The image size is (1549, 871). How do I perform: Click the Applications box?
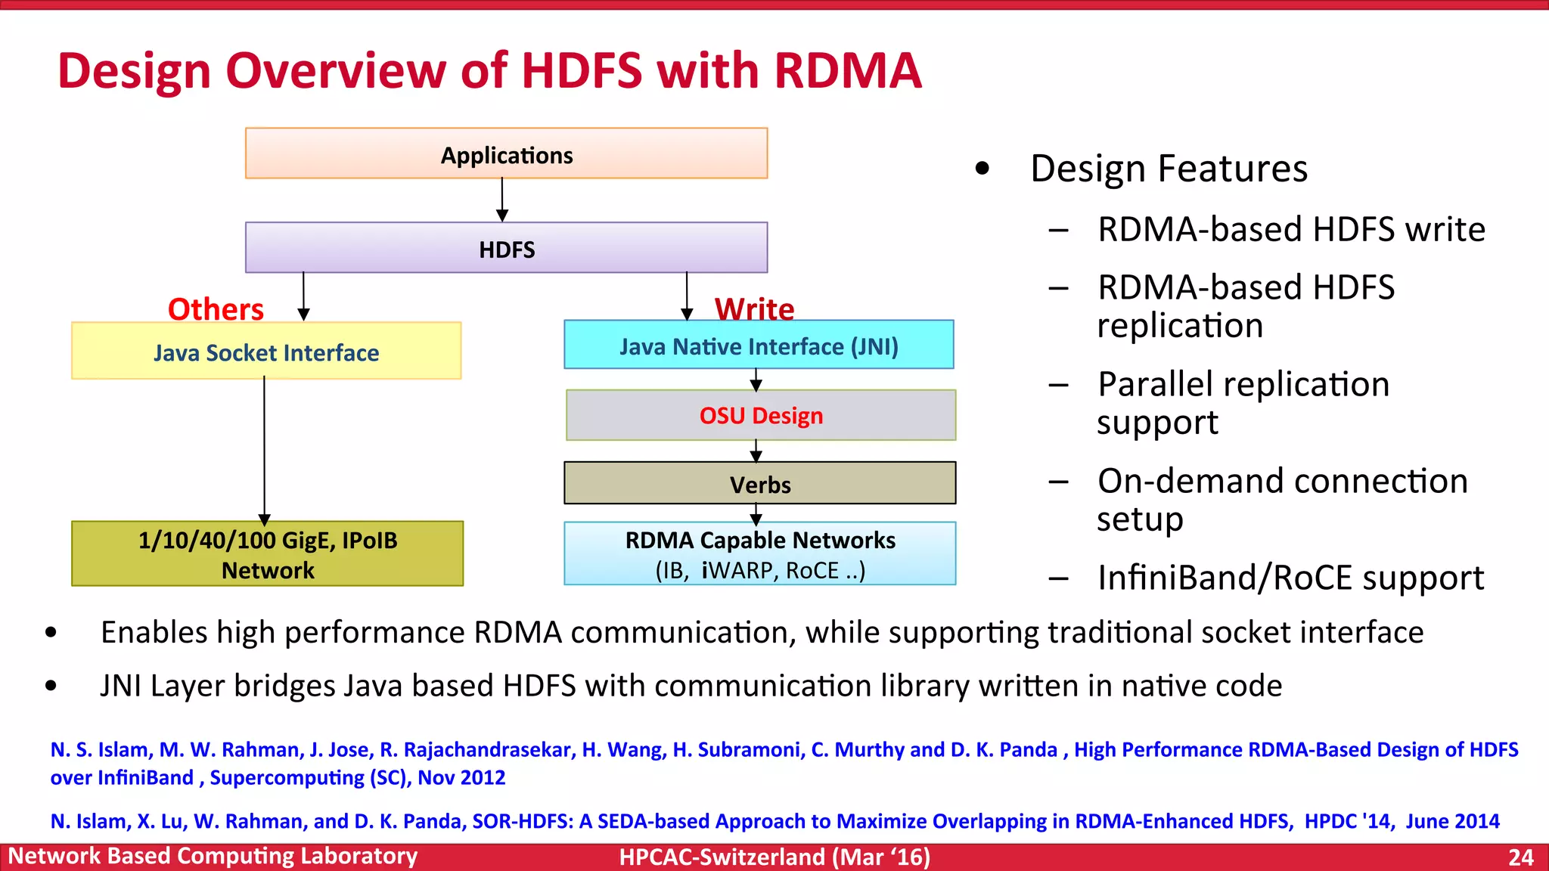pos(506,154)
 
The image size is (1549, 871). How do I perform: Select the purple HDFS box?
pos(506,248)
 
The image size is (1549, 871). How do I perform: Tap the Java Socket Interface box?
pos(266,352)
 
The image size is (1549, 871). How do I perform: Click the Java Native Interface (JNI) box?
pos(759,346)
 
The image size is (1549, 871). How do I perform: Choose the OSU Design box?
pos(761,415)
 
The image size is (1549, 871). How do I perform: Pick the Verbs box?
pos(760,484)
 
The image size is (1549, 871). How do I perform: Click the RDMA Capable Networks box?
pos(760,553)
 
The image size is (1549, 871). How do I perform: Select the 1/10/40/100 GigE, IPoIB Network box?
pos(267,554)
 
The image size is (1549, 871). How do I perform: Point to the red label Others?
pos(216,309)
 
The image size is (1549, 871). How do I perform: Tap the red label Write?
pos(754,308)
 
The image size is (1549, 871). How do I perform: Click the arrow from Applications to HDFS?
pos(502,200)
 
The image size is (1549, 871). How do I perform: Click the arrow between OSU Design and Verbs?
pos(756,451)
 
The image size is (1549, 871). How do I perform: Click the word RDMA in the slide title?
pos(848,71)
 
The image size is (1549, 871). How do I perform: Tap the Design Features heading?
pos(1169,168)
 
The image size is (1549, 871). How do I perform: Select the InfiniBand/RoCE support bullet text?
pos(1290,578)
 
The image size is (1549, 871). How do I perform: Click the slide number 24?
pos(1520,857)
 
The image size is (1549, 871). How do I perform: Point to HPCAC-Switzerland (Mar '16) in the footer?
pos(774,857)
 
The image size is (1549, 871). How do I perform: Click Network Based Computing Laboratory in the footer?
pos(213,857)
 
